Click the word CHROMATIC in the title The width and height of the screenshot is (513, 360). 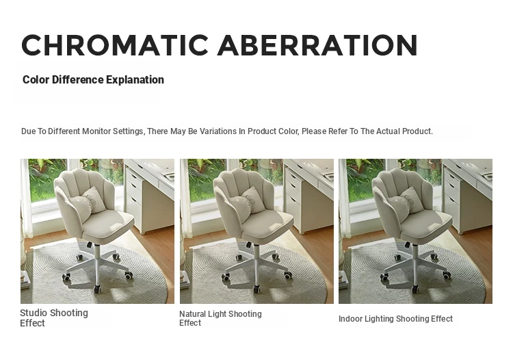click(115, 45)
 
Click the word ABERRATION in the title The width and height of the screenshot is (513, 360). click(317, 45)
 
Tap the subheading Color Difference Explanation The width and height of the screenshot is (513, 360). click(93, 79)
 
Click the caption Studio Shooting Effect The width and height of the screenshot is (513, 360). click(54, 318)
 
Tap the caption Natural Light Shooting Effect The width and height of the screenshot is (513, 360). click(220, 318)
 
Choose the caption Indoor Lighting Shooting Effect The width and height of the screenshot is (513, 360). click(395, 319)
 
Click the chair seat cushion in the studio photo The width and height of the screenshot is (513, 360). click(108, 227)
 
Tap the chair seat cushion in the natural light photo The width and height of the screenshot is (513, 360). click(267, 227)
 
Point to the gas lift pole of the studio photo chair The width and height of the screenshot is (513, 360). click(98, 255)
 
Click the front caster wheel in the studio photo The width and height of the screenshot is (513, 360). click(98, 289)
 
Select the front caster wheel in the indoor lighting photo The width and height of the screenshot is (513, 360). click(415, 289)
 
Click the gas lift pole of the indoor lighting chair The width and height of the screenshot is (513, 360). click(415, 255)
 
